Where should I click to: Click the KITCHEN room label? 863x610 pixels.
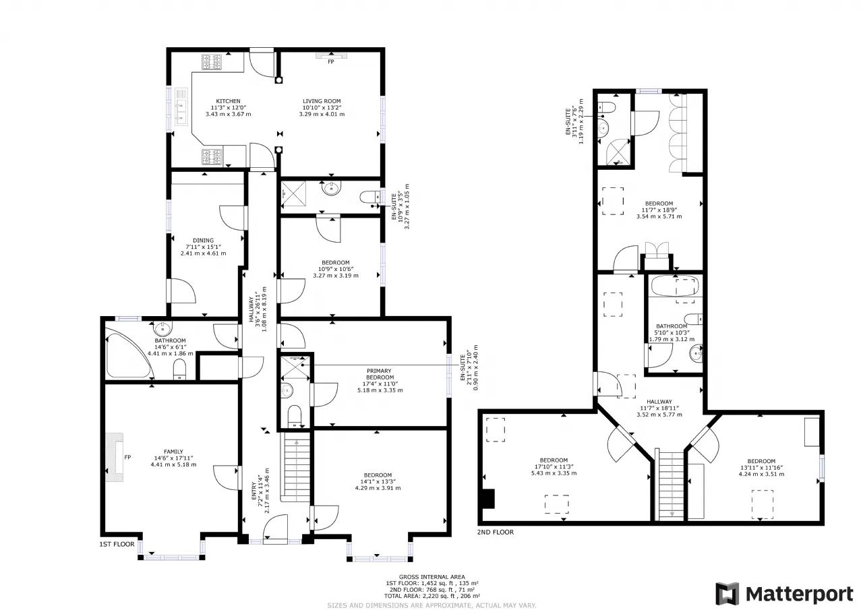pos(228,101)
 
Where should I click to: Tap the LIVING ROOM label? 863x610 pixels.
pos(322,101)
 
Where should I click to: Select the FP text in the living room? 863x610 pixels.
pos(330,61)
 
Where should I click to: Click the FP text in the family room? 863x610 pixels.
pos(127,457)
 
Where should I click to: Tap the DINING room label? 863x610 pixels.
pos(203,241)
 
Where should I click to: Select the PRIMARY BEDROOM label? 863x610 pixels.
pos(379,374)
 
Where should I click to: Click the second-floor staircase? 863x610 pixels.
pos(672,485)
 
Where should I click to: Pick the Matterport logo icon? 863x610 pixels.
pos(727,594)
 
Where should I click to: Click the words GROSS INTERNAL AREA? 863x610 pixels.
pos(432,577)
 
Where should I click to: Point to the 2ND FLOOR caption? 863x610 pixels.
pos(495,532)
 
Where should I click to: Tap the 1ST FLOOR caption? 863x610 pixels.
pos(117,544)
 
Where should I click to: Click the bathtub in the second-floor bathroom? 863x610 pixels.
pos(675,286)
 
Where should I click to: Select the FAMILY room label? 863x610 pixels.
pos(173,452)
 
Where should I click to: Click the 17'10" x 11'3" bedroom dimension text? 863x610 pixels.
pos(554,466)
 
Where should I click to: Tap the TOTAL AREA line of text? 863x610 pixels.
pos(432,596)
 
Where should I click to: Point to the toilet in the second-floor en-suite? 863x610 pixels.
pos(607,106)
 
